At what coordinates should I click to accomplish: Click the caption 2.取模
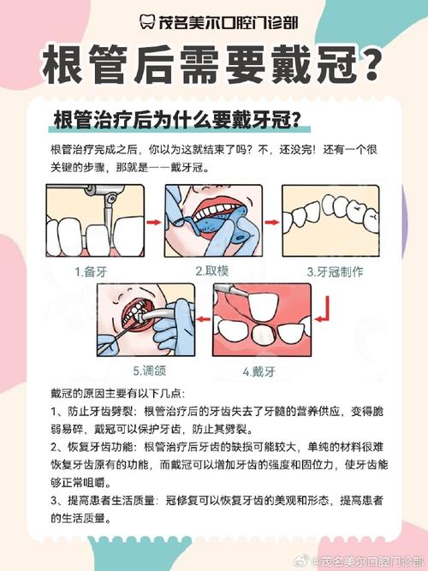click(x=211, y=271)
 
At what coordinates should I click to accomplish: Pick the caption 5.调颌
click(x=148, y=372)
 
